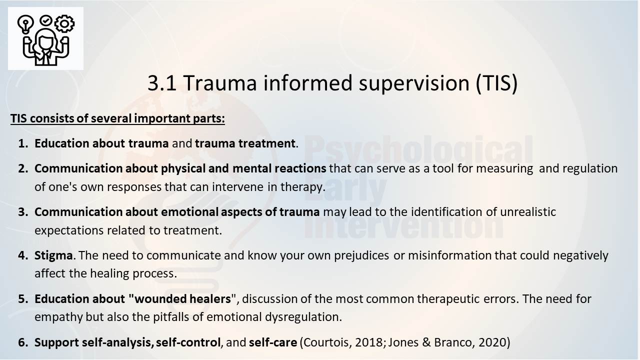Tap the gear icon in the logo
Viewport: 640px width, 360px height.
(64, 23)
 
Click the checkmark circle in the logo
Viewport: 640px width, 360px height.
(45, 20)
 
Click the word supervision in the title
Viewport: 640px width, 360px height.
(414, 83)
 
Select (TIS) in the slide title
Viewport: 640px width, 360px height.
(497, 83)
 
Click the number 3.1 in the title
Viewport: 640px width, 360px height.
(162, 83)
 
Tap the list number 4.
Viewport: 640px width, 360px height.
(23, 255)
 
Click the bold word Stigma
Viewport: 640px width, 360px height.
(53, 255)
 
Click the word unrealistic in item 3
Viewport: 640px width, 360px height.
(528, 212)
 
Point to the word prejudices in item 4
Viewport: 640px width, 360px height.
(361, 255)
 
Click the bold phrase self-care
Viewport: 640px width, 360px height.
(273, 342)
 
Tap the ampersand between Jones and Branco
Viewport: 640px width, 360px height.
(426, 342)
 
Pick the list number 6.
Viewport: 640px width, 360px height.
(23, 342)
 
